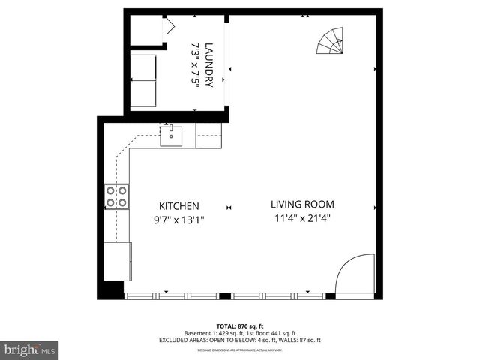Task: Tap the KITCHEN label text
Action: click(x=178, y=206)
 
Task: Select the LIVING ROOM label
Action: click(x=302, y=204)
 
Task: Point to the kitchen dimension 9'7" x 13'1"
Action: click(x=178, y=220)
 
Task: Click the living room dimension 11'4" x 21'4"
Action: click(x=302, y=219)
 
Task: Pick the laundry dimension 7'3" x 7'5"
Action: click(x=196, y=64)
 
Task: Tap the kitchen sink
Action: click(x=172, y=136)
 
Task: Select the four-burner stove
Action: click(x=116, y=196)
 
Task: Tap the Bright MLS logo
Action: click(x=30, y=349)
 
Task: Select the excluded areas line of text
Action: click(x=240, y=340)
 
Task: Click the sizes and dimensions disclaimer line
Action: click(x=239, y=349)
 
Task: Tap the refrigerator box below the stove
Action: click(x=119, y=262)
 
